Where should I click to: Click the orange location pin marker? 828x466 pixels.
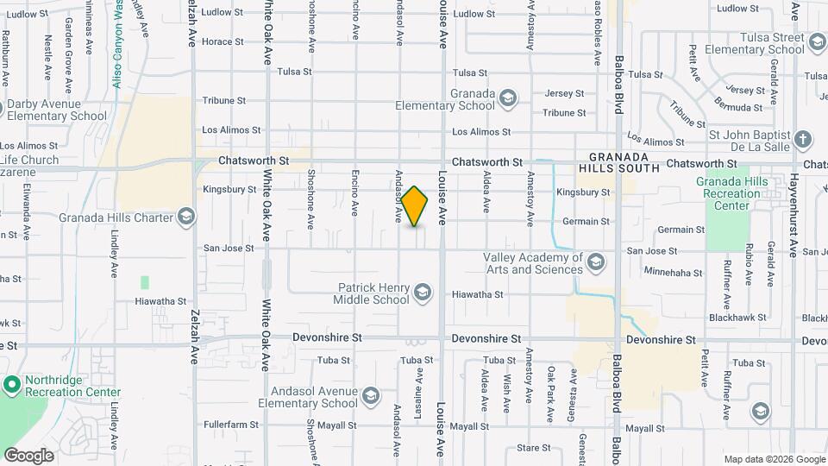pos(415,206)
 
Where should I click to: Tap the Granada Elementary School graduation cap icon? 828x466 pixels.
pos(508,97)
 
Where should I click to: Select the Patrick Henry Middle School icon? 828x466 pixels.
pos(422,293)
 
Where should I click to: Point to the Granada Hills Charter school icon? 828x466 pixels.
pos(185,217)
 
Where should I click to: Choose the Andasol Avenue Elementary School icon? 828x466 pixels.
pos(370,396)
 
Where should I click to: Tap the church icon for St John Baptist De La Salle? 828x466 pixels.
pos(802,139)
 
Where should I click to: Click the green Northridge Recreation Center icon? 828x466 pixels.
pos(11,383)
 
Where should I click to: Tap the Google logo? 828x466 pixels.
pos(28,455)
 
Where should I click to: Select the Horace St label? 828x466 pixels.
pos(223,41)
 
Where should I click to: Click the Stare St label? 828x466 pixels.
pos(534,448)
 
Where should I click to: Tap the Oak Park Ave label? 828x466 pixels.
pos(551,394)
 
